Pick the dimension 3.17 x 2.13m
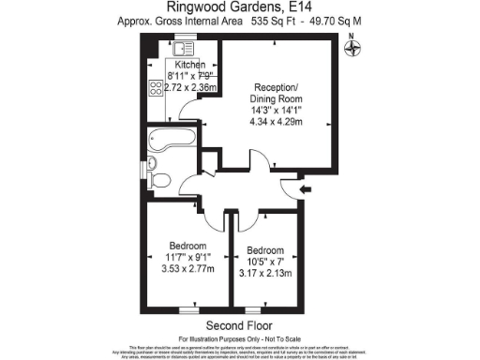tap(269, 274)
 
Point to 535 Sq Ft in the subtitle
tap(277, 21)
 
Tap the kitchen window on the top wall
tap(183, 39)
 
